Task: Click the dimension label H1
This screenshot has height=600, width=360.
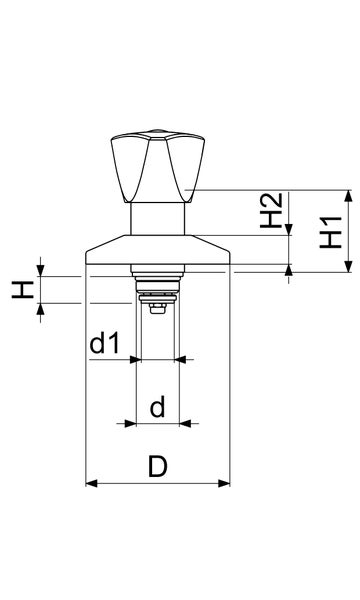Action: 333,232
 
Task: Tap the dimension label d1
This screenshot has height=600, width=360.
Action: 105,345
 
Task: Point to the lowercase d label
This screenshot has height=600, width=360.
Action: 157,407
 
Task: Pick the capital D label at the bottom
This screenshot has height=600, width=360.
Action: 157,467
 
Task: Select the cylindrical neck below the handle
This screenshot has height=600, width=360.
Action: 159,219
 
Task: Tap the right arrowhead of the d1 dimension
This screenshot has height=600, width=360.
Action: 182,359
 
